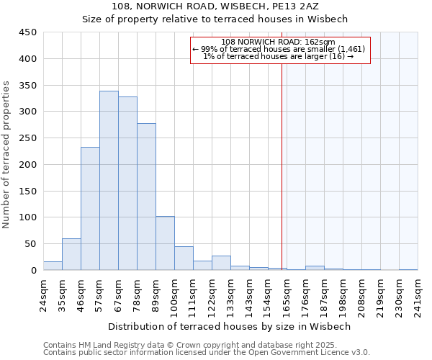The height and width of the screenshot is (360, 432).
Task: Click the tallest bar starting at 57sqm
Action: (x=109, y=180)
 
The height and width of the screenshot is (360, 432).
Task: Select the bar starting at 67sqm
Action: (x=127, y=183)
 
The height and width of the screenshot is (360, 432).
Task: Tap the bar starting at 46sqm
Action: (x=90, y=208)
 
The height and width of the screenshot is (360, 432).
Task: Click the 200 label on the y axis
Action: (x=28, y=164)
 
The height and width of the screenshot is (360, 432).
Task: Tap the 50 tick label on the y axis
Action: (x=30, y=244)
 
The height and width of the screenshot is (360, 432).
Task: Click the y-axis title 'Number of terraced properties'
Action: (x=6, y=154)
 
